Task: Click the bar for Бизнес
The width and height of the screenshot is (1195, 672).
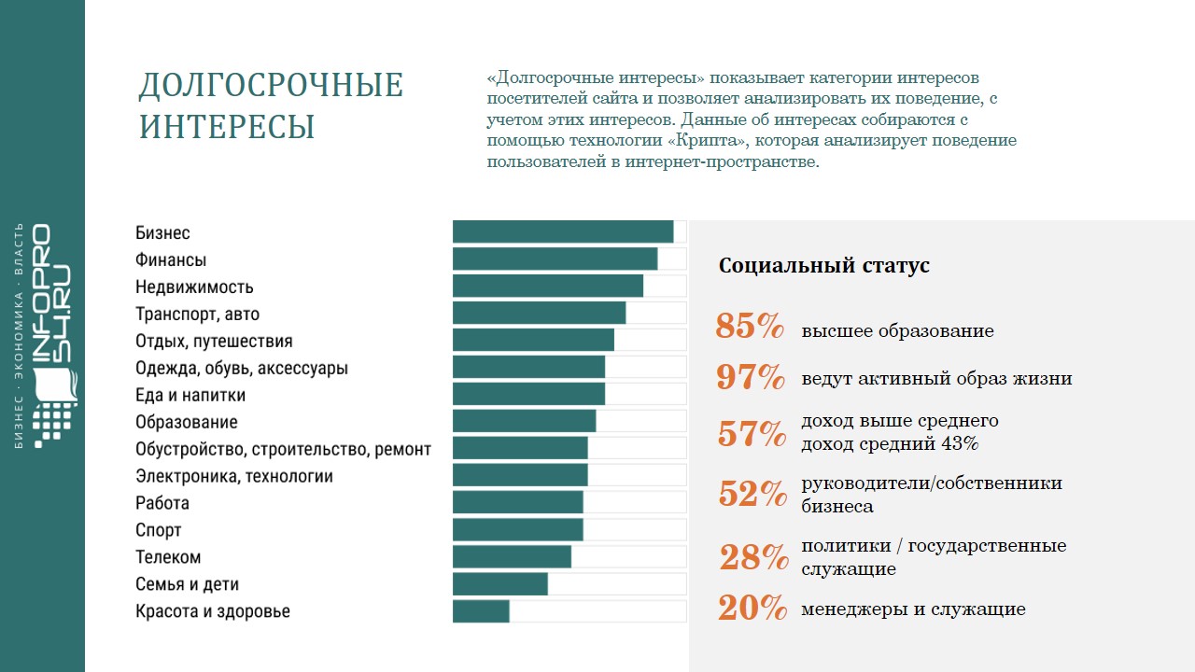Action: (x=563, y=231)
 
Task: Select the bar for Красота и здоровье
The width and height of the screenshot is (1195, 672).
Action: (x=482, y=611)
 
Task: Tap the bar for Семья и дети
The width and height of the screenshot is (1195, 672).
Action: (x=500, y=584)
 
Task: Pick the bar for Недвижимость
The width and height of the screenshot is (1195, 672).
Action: (x=548, y=286)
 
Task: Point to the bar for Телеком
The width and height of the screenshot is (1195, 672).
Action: (x=512, y=557)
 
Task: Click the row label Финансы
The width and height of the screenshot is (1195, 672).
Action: (x=171, y=260)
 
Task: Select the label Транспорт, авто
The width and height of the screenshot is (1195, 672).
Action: (x=198, y=315)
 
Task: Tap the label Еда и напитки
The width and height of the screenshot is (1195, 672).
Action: (x=190, y=395)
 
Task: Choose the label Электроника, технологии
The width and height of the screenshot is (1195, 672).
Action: (x=234, y=476)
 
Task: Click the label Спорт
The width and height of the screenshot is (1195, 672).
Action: (x=159, y=530)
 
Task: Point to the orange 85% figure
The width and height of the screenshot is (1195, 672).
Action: (x=750, y=327)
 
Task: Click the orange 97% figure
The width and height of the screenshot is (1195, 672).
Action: (x=751, y=377)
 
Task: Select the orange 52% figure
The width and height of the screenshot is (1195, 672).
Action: (x=752, y=494)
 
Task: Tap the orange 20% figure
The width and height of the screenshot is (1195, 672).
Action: (x=752, y=609)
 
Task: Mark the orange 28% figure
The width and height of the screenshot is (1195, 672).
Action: (x=753, y=557)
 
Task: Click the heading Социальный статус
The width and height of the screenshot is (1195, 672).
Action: (x=823, y=265)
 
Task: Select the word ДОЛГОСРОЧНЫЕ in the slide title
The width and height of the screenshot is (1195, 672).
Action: (x=271, y=86)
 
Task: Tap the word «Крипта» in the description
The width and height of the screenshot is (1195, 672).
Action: (x=704, y=141)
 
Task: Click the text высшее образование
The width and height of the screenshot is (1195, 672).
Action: (x=897, y=331)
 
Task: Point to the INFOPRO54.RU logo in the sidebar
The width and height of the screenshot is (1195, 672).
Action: (x=53, y=336)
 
